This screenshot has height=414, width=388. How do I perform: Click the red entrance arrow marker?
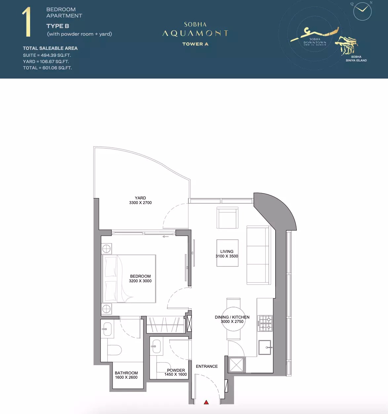tap(206, 402)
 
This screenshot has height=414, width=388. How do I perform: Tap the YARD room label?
tap(140, 198)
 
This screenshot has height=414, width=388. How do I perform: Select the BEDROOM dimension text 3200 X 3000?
tap(140, 281)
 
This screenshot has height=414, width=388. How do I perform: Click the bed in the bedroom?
tap(129, 279)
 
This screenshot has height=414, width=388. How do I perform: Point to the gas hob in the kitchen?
tap(265, 323)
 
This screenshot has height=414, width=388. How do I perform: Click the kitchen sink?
tap(265, 347)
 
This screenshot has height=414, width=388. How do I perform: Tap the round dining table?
tap(233, 319)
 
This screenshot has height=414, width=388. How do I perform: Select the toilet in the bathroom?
tap(114, 350)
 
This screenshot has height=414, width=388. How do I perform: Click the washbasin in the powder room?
tap(156, 347)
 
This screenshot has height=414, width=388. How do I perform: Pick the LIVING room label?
tap(227, 252)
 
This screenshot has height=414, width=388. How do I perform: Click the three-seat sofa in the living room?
tap(258, 255)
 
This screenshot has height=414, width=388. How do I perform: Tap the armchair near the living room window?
tap(227, 218)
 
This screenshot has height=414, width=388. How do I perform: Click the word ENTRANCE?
tap(207, 366)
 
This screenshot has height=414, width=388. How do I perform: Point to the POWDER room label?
tap(176, 370)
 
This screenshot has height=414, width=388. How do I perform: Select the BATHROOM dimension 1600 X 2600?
tap(126, 377)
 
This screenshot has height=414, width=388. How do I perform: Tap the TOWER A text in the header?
tap(195, 44)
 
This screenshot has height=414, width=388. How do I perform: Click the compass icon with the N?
tap(363, 11)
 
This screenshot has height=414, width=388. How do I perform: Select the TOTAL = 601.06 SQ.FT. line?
tap(47, 68)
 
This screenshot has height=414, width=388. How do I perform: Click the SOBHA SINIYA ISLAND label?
tap(356, 58)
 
